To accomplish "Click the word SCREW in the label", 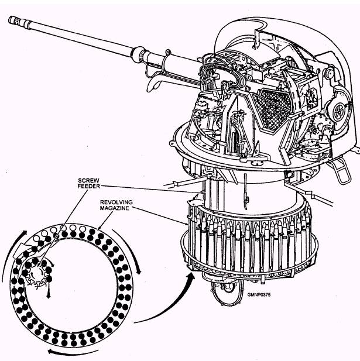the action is coord(88,180).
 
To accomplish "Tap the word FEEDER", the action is coord(88,186).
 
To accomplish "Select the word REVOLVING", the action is coord(116,202).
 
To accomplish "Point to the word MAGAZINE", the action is coord(114,208).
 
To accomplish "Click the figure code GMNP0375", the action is coord(259,295).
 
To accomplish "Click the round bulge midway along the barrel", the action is coord(138,54).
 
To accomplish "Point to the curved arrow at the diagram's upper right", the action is coord(129,249).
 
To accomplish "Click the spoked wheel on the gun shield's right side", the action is coord(338,110).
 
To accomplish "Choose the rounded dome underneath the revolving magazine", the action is coord(228,291).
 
